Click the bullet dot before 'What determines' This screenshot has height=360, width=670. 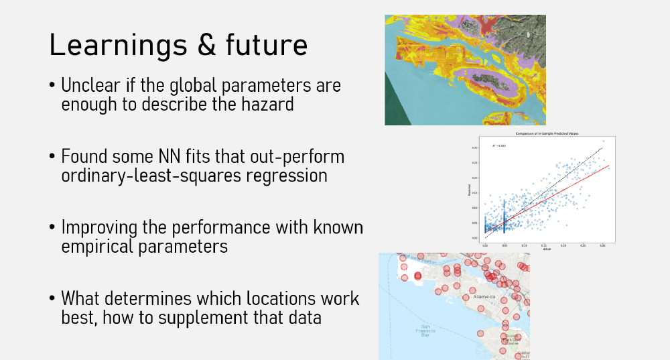52,298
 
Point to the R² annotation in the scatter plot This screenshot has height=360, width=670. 498,145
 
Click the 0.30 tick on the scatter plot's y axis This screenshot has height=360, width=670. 474,147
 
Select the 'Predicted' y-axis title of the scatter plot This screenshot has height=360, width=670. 470,191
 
